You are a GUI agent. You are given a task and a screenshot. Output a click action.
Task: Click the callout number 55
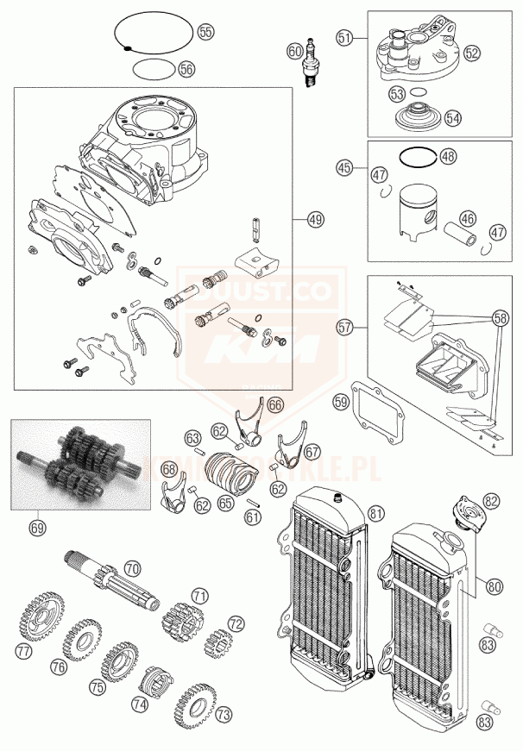205,31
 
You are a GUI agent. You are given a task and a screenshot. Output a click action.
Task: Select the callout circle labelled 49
315,221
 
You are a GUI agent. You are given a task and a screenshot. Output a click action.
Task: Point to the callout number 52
470,53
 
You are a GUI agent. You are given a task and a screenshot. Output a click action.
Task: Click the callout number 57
345,329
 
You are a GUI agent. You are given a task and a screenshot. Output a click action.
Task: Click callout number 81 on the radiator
375,513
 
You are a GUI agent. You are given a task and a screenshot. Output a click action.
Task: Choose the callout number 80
494,587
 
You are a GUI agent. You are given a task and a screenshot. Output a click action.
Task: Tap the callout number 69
36,525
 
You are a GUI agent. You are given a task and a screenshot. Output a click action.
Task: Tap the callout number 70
131,569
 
